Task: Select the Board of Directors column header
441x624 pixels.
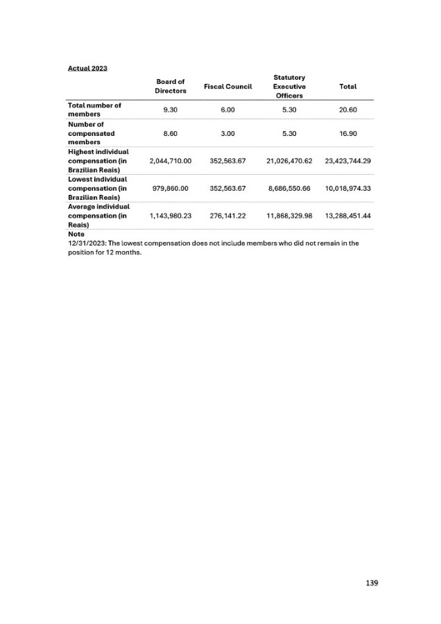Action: [170, 86]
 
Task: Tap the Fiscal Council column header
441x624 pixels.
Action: [228, 86]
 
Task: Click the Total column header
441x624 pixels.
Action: [347, 86]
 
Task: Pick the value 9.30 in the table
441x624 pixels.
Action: [170, 110]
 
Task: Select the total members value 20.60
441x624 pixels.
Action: [347, 110]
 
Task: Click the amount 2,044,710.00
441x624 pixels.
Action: [170, 161]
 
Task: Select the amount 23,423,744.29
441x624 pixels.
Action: [347, 161]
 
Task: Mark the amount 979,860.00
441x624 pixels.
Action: [170, 188]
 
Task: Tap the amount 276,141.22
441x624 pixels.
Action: [228, 216]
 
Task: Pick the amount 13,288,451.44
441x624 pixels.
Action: [347, 216]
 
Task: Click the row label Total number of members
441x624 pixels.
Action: [94, 110]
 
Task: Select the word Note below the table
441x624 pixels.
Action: [76, 234]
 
